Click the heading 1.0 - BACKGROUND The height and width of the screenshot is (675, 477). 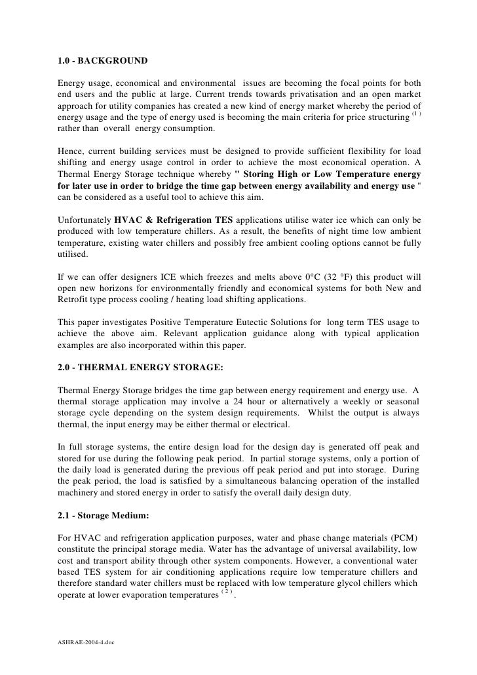(x=103, y=62)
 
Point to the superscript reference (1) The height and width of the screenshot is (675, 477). (x=414, y=115)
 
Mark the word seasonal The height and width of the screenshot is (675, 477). (x=401, y=400)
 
